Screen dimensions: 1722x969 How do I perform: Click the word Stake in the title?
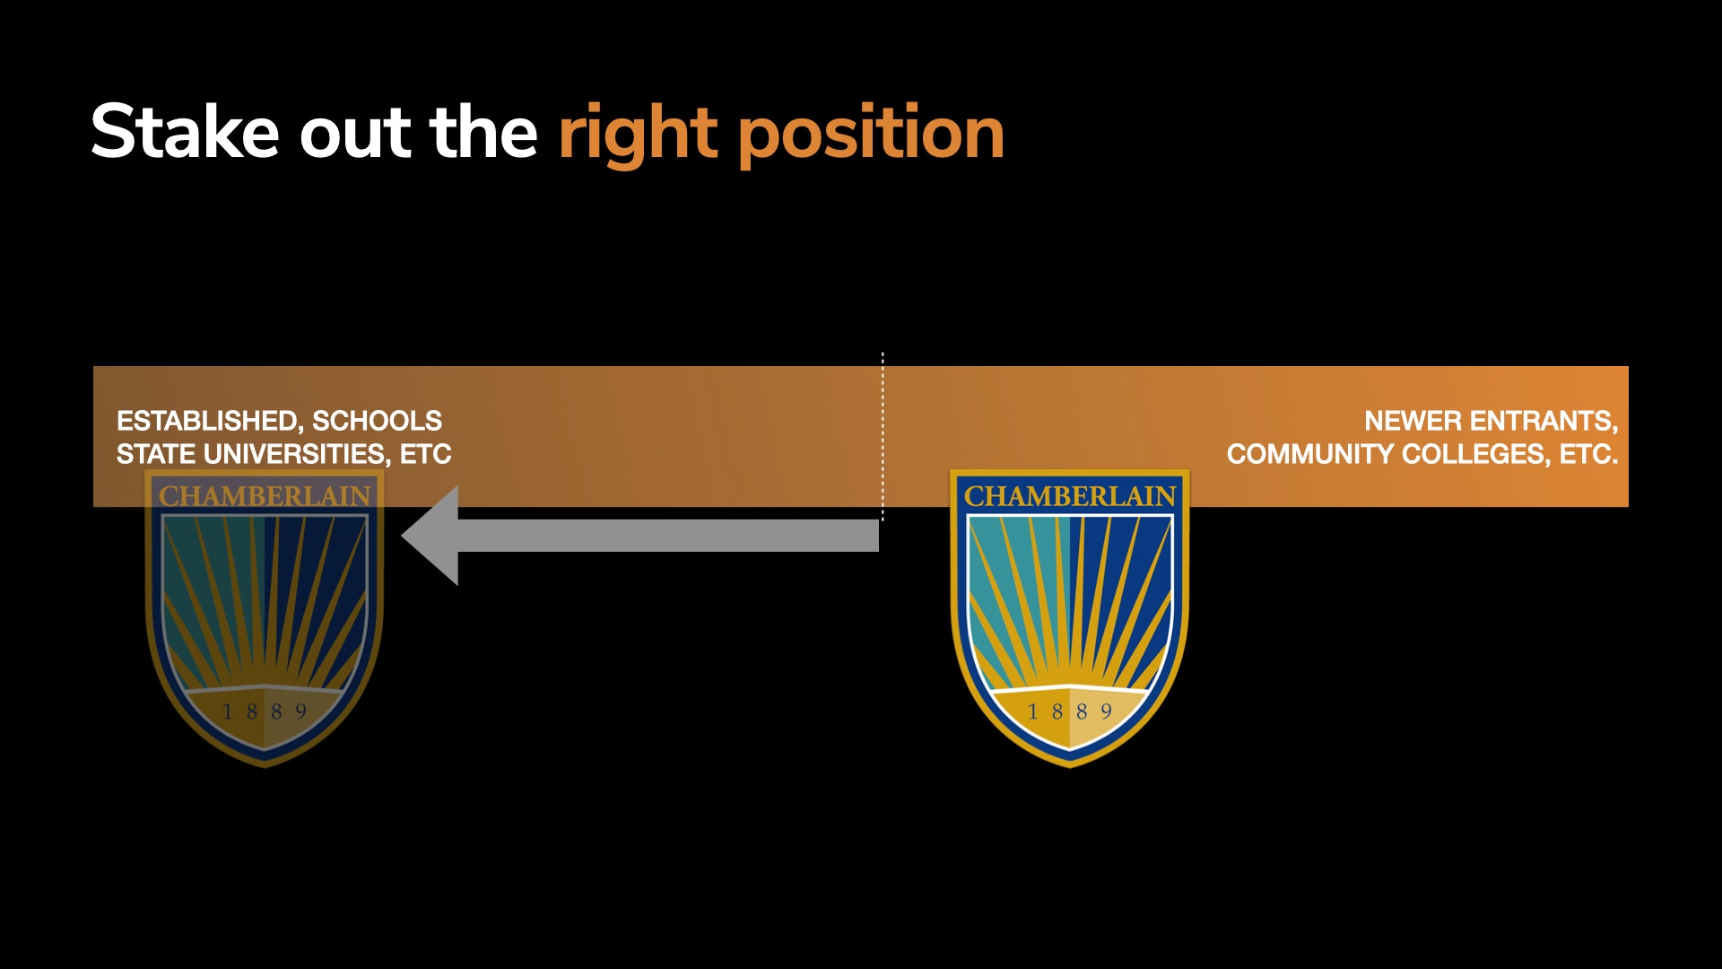coord(186,132)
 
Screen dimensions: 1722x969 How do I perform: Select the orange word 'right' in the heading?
coord(639,135)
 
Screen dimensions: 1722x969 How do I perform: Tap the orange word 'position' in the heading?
coord(871,135)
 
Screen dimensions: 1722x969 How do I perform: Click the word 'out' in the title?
coord(355,134)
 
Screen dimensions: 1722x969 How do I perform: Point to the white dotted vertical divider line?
coord(883,437)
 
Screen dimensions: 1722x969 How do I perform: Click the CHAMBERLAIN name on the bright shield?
coord(1070,496)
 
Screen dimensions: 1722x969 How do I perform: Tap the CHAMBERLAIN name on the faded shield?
coord(265,496)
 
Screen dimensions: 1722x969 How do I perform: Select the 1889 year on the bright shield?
coord(1070,711)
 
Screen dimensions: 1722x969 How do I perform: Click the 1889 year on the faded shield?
coord(265,711)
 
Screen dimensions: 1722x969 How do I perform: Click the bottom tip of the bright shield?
coord(1070,766)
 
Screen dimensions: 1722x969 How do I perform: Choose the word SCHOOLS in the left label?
coord(377,421)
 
